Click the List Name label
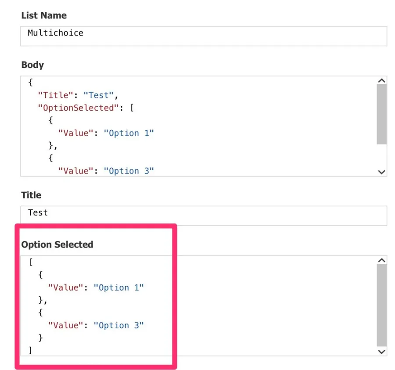click(x=44, y=15)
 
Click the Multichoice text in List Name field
click(x=55, y=33)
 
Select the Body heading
click(x=32, y=65)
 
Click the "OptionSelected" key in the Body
click(x=78, y=108)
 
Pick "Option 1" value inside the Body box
click(x=129, y=133)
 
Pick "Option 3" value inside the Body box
click(x=129, y=171)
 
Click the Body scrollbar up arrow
click(x=381, y=81)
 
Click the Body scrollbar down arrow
click(x=381, y=172)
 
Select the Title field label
click(x=31, y=195)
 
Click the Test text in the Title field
click(x=38, y=213)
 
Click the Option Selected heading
click(x=57, y=244)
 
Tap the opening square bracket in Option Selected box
click(x=31, y=262)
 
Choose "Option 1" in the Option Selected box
click(x=118, y=288)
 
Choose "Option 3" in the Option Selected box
click(x=118, y=326)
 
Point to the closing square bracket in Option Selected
click(x=30, y=350)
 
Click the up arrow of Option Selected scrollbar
click(x=381, y=261)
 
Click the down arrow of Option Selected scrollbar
click(x=381, y=352)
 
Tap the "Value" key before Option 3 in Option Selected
click(x=65, y=326)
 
